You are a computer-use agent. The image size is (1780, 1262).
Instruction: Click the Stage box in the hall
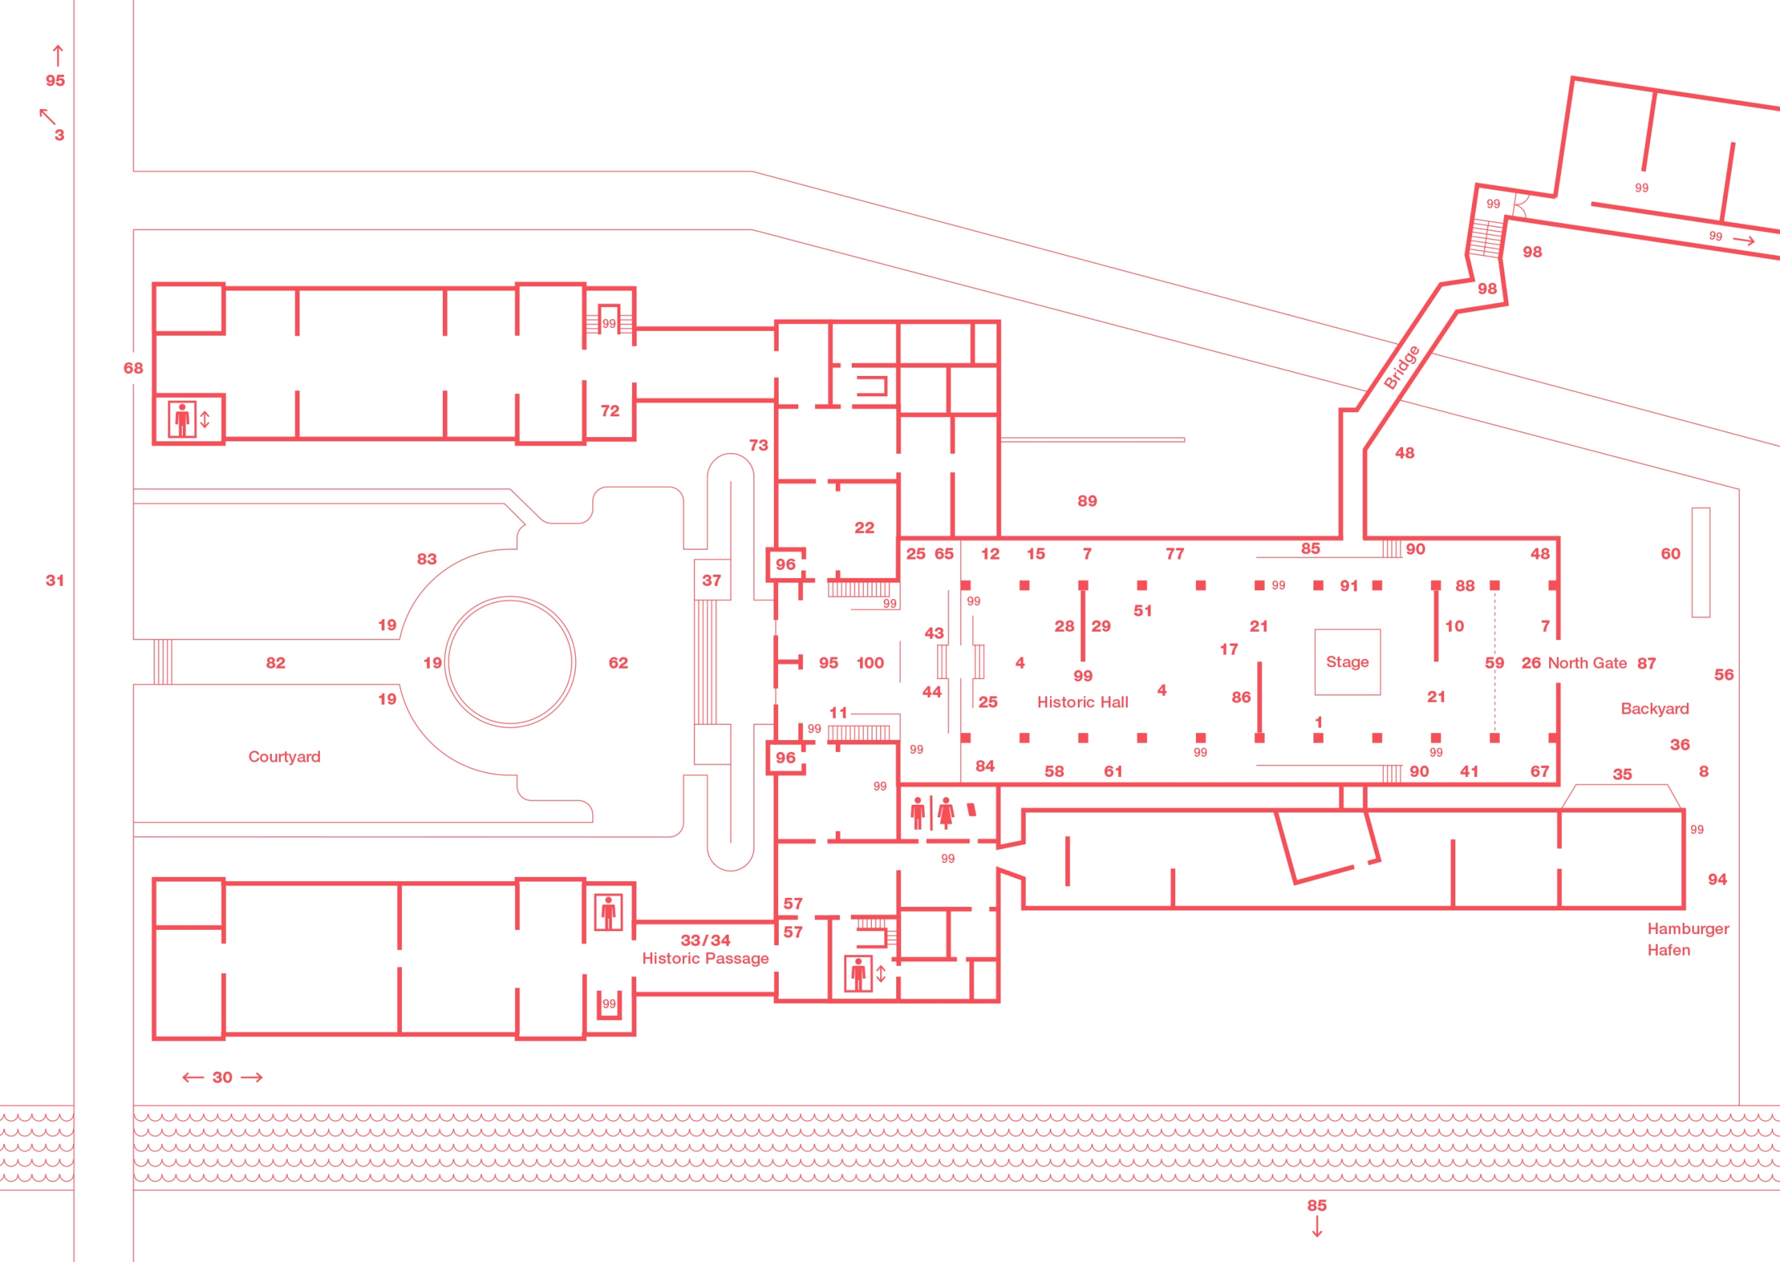tap(1347, 662)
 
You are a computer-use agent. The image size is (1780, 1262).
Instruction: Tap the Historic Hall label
tap(1082, 703)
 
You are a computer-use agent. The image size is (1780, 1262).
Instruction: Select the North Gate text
tap(1587, 663)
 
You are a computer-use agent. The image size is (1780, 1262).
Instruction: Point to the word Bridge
tap(1402, 367)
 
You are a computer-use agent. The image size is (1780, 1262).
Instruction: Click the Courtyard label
tap(284, 757)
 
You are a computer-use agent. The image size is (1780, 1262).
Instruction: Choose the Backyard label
tap(1654, 709)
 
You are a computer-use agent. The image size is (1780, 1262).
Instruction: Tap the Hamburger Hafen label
tap(1687, 939)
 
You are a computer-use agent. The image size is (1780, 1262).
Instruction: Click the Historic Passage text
tap(705, 958)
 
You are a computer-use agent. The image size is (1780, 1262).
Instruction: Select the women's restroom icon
tap(945, 813)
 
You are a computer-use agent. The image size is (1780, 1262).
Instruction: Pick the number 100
tap(870, 663)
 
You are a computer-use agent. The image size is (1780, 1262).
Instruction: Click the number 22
tap(864, 527)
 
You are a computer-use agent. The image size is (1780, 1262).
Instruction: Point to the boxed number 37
tap(711, 580)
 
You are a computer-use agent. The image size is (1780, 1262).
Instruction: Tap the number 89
tap(1087, 501)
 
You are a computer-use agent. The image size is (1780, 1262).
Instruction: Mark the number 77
tap(1174, 554)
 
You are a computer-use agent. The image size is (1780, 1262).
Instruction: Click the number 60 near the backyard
tap(1669, 554)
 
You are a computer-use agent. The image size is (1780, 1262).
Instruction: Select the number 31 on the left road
tap(54, 580)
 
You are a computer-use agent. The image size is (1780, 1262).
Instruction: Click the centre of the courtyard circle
tap(510, 662)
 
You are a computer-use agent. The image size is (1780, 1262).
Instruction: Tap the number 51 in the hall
tap(1142, 611)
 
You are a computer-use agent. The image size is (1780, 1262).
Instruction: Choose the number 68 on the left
tap(133, 368)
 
